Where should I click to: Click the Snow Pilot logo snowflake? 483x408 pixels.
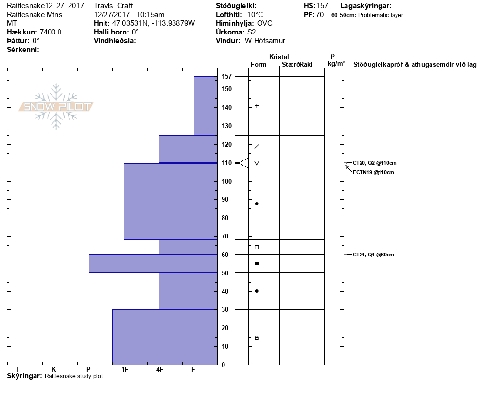pos(56,106)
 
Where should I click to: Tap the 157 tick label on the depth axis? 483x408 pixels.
pos(226,76)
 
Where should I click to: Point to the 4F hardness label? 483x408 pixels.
pos(159,369)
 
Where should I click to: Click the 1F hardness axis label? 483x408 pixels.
pos(125,369)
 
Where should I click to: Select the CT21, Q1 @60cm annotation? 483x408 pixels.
pos(373,255)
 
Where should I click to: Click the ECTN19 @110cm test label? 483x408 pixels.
pos(373,172)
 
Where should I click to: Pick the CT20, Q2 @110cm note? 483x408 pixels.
pos(374,163)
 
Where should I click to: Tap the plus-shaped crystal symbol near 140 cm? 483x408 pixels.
pos(257,106)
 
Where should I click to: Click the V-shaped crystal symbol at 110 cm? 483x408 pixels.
pos(257,163)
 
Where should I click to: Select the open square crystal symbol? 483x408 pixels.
pos(257,247)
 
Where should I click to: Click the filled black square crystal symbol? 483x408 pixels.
pos(257,264)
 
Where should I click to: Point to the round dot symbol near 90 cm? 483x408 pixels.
pos(257,204)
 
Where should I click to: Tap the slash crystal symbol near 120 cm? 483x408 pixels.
pos(257,146)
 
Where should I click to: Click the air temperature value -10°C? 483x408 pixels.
pos(254,15)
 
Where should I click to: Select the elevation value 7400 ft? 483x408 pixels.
pos(51,32)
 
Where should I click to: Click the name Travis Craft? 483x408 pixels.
pos(113,6)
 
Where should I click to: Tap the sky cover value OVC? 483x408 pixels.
pos(265,23)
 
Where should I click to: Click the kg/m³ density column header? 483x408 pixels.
pos(336,64)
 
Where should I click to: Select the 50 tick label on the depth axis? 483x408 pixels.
pos(225,273)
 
